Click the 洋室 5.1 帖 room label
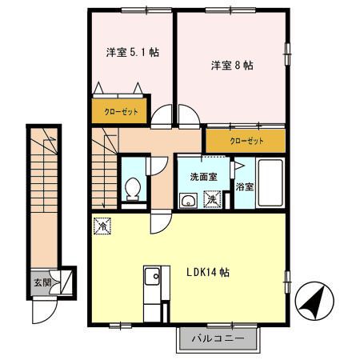(132, 53)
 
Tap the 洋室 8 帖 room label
(232, 66)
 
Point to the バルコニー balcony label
(217, 339)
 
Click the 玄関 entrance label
(41, 282)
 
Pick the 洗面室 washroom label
(203, 177)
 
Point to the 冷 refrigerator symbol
(102, 226)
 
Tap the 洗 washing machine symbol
(213, 200)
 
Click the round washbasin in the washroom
(189, 200)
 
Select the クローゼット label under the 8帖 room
(246, 141)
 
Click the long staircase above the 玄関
(44, 200)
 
